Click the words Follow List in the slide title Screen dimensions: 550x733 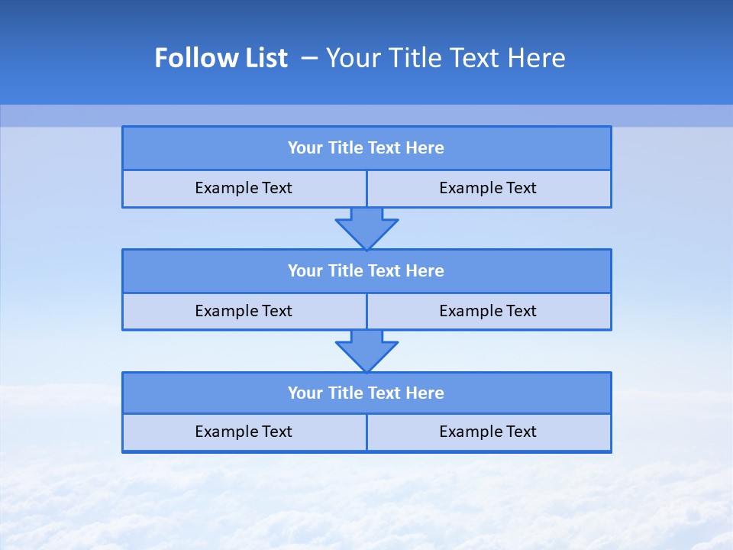(x=221, y=58)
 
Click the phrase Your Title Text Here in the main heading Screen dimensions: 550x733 (x=446, y=58)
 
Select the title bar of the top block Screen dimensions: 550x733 (x=366, y=148)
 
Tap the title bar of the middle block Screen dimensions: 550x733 (x=366, y=271)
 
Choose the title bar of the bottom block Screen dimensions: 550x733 (x=366, y=393)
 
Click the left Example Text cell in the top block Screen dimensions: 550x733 (x=244, y=188)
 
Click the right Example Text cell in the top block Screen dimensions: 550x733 (x=488, y=188)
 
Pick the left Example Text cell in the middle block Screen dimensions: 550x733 (x=244, y=311)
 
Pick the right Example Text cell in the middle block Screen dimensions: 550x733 (x=488, y=311)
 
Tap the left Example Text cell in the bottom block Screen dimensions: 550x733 (x=244, y=432)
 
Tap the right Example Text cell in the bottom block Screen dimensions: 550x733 (x=488, y=432)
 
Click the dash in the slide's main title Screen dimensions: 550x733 (x=309, y=58)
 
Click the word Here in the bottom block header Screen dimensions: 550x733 (x=425, y=393)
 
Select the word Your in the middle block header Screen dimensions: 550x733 (x=305, y=271)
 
